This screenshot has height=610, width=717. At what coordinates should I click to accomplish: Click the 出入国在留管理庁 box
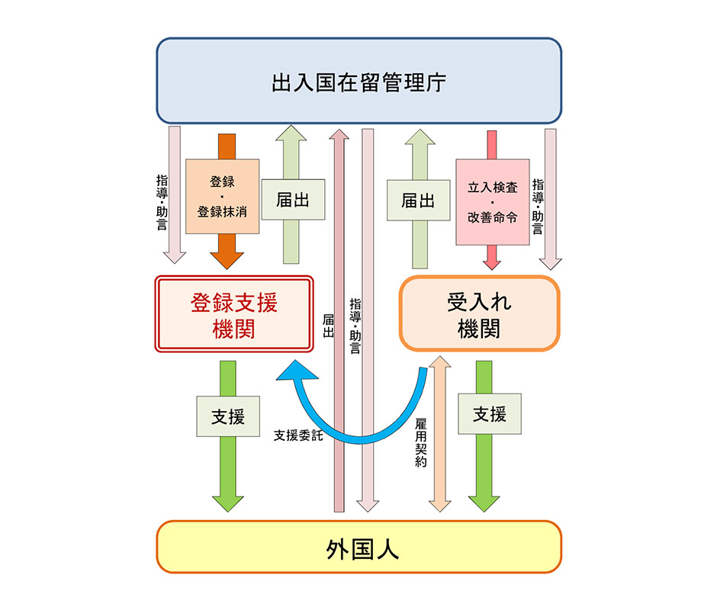[x=358, y=81]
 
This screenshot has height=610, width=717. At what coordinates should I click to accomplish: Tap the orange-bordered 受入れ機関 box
[x=479, y=314]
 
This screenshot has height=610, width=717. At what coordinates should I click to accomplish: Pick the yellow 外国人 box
[x=358, y=547]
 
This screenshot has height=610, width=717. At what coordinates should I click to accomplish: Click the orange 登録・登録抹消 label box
[x=222, y=196]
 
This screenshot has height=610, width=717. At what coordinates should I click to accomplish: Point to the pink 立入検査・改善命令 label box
[x=492, y=201]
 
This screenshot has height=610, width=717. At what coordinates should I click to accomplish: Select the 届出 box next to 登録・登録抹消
[x=293, y=200]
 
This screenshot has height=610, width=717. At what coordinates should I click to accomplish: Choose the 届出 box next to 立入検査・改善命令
[x=418, y=200]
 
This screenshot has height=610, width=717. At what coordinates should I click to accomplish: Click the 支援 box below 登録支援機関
[x=227, y=416]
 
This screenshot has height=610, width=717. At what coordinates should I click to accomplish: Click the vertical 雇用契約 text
[x=421, y=441]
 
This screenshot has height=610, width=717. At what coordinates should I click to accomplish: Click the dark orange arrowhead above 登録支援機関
[x=227, y=257]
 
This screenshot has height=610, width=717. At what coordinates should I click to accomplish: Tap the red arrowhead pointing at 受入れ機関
[x=492, y=262]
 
